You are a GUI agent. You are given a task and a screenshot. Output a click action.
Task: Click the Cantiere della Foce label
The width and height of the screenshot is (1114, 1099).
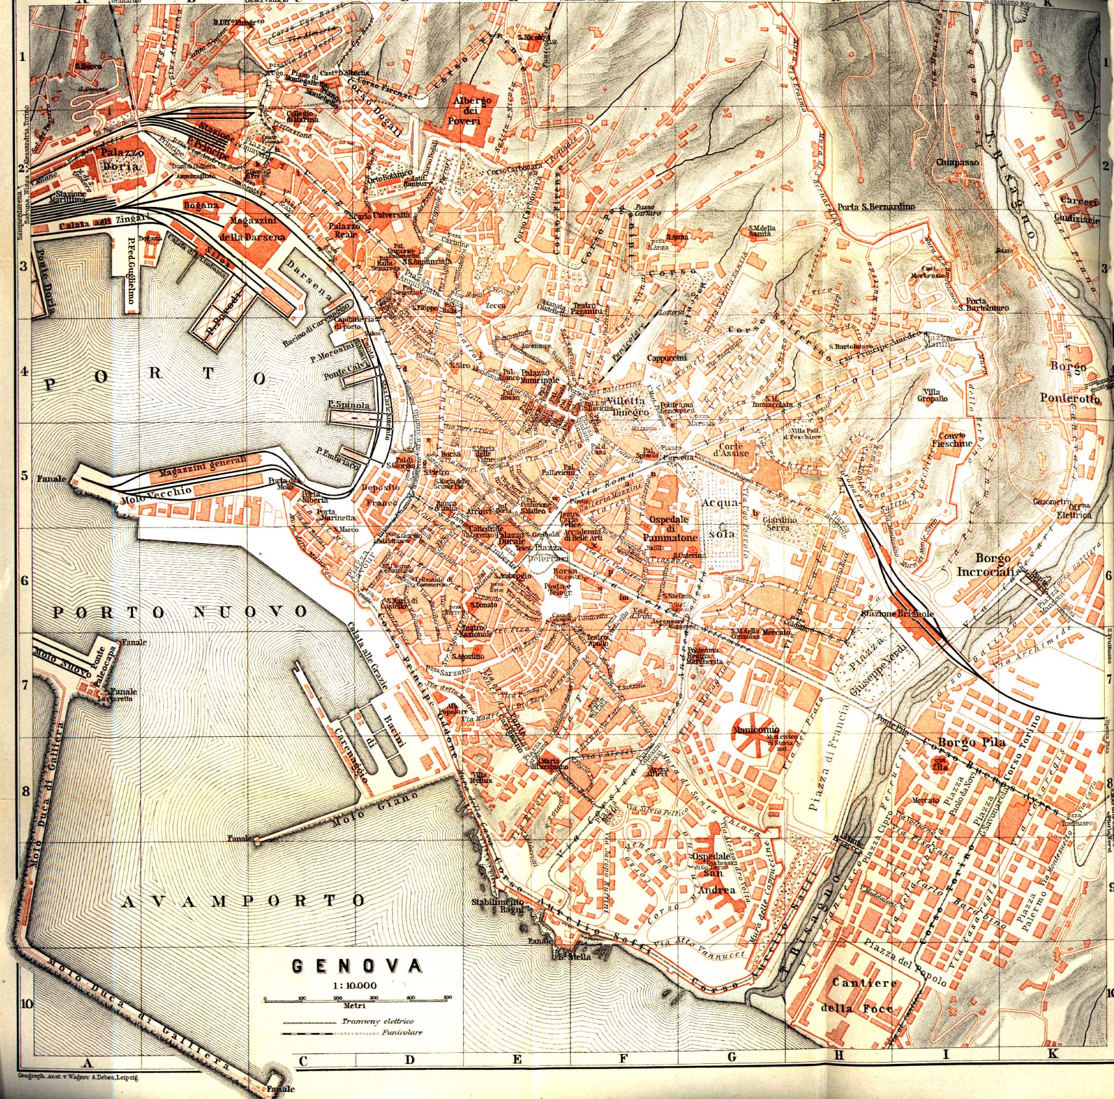[864, 994]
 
